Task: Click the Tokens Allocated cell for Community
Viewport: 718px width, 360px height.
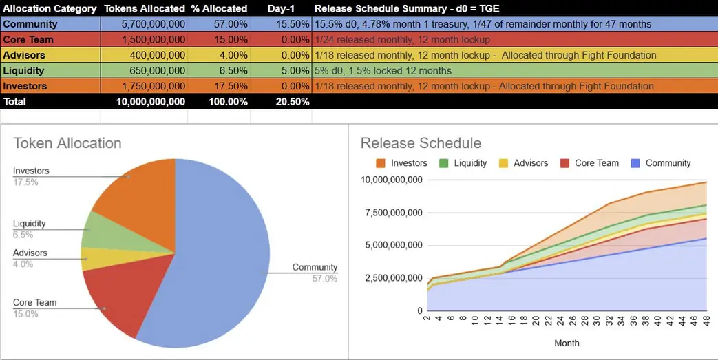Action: click(145, 24)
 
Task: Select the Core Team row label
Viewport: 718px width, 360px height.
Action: click(28, 39)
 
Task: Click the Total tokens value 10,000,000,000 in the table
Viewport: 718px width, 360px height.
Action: click(145, 101)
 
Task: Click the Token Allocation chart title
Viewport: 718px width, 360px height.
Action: click(67, 143)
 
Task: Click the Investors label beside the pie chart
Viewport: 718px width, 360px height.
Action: click(31, 171)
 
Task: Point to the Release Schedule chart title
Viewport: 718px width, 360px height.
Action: click(421, 143)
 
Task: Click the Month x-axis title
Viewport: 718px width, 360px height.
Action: click(567, 343)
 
